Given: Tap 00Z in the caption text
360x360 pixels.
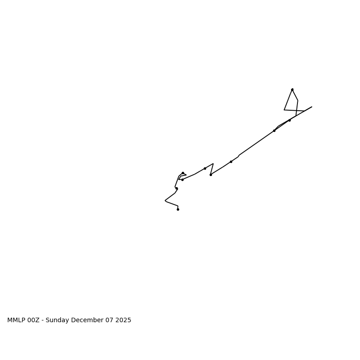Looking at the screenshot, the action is [34, 320].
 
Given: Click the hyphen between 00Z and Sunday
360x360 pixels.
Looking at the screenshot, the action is [43, 320].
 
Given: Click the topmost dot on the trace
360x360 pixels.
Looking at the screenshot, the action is [292, 90].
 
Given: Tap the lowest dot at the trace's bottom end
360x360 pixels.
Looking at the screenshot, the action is [178, 209].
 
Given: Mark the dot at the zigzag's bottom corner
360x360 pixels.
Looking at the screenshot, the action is [211, 175].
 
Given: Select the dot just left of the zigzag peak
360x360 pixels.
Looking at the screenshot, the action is [205, 168].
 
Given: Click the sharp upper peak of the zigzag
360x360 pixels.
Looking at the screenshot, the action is [213, 164].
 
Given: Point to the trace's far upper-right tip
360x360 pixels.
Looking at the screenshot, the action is [312, 107].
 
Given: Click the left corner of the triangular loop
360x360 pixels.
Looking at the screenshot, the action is [284, 110].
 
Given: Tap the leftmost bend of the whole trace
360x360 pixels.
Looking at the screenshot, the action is [165, 201].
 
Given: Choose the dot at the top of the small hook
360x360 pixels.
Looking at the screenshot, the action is [183, 173].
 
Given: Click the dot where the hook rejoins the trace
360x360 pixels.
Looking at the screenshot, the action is [182, 180].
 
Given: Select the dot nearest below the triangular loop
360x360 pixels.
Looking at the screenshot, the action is [289, 120].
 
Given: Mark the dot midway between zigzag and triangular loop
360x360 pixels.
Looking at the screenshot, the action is [231, 162].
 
